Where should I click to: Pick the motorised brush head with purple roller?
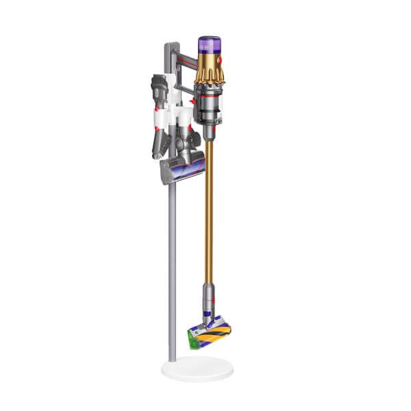click(x=181, y=167)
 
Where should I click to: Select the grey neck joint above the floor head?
click(x=208, y=301)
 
